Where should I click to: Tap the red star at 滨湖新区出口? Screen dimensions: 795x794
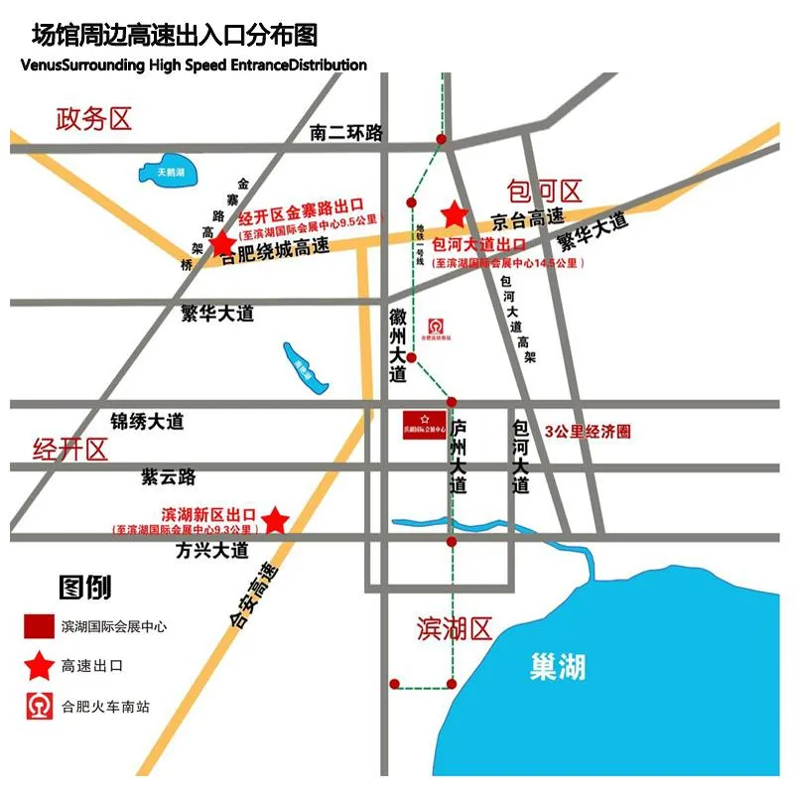tap(275, 520)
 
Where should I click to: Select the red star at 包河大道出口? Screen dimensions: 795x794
tap(455, 213)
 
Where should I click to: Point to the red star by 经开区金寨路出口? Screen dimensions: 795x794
tap(222, 243)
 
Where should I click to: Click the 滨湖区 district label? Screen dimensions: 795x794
tap(455, 627)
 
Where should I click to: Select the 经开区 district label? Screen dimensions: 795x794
tap(69, 449)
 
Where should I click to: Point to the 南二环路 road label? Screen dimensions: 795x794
tap(346, 132)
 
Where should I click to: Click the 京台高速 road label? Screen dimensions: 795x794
tap(528, 218)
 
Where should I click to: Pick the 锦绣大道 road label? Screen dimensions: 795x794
tap(147, 422)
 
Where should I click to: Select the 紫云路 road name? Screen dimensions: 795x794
tap(168, 477)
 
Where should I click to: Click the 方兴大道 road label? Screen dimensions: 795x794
tap(211, 549)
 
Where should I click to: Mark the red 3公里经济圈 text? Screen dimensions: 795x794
tap(589, 432)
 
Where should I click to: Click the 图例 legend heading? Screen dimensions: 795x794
tap(84, 588)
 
